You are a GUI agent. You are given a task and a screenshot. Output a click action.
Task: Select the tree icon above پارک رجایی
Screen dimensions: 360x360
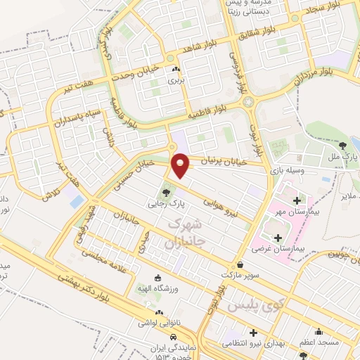click(166, 190)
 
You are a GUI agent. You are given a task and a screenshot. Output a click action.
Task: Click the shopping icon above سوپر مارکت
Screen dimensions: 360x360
click(242, 265)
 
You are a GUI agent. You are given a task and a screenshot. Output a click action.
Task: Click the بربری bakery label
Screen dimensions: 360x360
click(174, 80)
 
